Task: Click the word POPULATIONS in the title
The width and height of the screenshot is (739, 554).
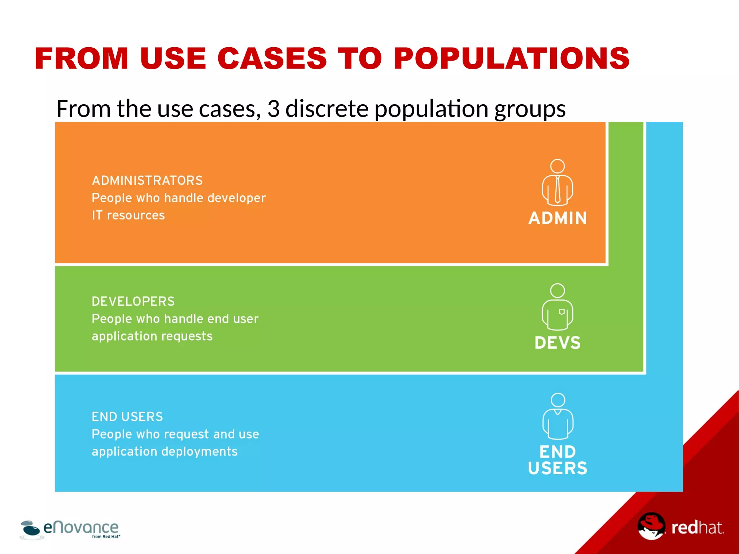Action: pos(511,58)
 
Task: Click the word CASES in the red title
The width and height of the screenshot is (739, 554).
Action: pos(272,58)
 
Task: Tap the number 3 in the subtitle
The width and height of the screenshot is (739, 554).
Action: pos(274,108)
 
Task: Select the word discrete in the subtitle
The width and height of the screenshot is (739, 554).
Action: pos(327,108)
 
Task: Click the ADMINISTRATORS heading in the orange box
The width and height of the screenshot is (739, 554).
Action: pos(147,180)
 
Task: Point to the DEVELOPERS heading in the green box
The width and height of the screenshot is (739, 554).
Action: pos(133,301)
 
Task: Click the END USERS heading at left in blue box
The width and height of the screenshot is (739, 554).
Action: pos(127,416)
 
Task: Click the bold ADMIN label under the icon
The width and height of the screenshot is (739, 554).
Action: pos(557,218)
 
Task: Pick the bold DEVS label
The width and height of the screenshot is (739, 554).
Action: pos(557,343)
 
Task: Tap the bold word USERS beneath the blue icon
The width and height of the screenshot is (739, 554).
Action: pos(557,468)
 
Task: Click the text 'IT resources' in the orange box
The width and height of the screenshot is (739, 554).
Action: pos(128,215)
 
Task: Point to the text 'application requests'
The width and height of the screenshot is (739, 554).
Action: pos(152,336)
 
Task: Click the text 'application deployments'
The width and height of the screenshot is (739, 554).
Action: pos(165,451)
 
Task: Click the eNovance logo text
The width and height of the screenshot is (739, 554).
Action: pos(81,528)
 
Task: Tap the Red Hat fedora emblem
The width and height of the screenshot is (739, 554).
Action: pos(651,526)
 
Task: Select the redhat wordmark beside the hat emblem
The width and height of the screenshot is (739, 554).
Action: pos(697,528)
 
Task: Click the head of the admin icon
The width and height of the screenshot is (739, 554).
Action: pos(557,166)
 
